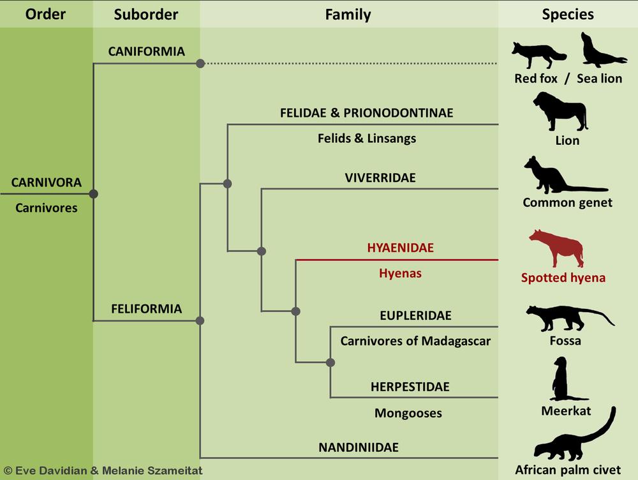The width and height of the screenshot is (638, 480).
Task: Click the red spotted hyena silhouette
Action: pos(556,249)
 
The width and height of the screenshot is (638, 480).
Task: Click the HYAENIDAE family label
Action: pos(400,248)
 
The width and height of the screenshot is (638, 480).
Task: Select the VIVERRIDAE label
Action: pos(380,178)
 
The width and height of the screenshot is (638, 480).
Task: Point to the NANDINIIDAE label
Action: pos(358,447)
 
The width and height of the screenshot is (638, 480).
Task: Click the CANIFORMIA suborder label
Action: pos(147,51)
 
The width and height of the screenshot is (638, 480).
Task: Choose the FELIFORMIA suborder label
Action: pos(146,309)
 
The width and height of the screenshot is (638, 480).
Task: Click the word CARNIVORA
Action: pos(47,183)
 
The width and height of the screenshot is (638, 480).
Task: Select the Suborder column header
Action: pos(146,14)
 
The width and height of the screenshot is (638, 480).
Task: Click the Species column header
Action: pos(568,14)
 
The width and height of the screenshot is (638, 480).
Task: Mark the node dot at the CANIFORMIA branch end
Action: pos(200,63)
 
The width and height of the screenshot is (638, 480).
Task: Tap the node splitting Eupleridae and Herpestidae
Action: pos(330,363)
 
